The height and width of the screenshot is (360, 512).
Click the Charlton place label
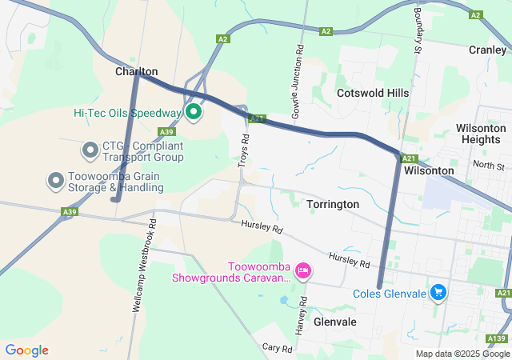coord(136,71)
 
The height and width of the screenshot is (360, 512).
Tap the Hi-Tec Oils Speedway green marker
coord(194,111)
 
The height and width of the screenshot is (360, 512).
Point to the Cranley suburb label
coord(487,49)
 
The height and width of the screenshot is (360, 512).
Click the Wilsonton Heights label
coord(481,134)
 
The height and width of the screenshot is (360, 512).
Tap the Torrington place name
coord(333,204)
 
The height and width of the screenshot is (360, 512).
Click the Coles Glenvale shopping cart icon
coord(438,293)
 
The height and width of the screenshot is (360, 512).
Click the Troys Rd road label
coord(244,150)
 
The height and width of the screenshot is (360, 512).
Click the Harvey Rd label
coord(302,316)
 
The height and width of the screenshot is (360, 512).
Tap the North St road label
coord(488,166)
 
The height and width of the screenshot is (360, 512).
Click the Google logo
coord(26,350)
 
